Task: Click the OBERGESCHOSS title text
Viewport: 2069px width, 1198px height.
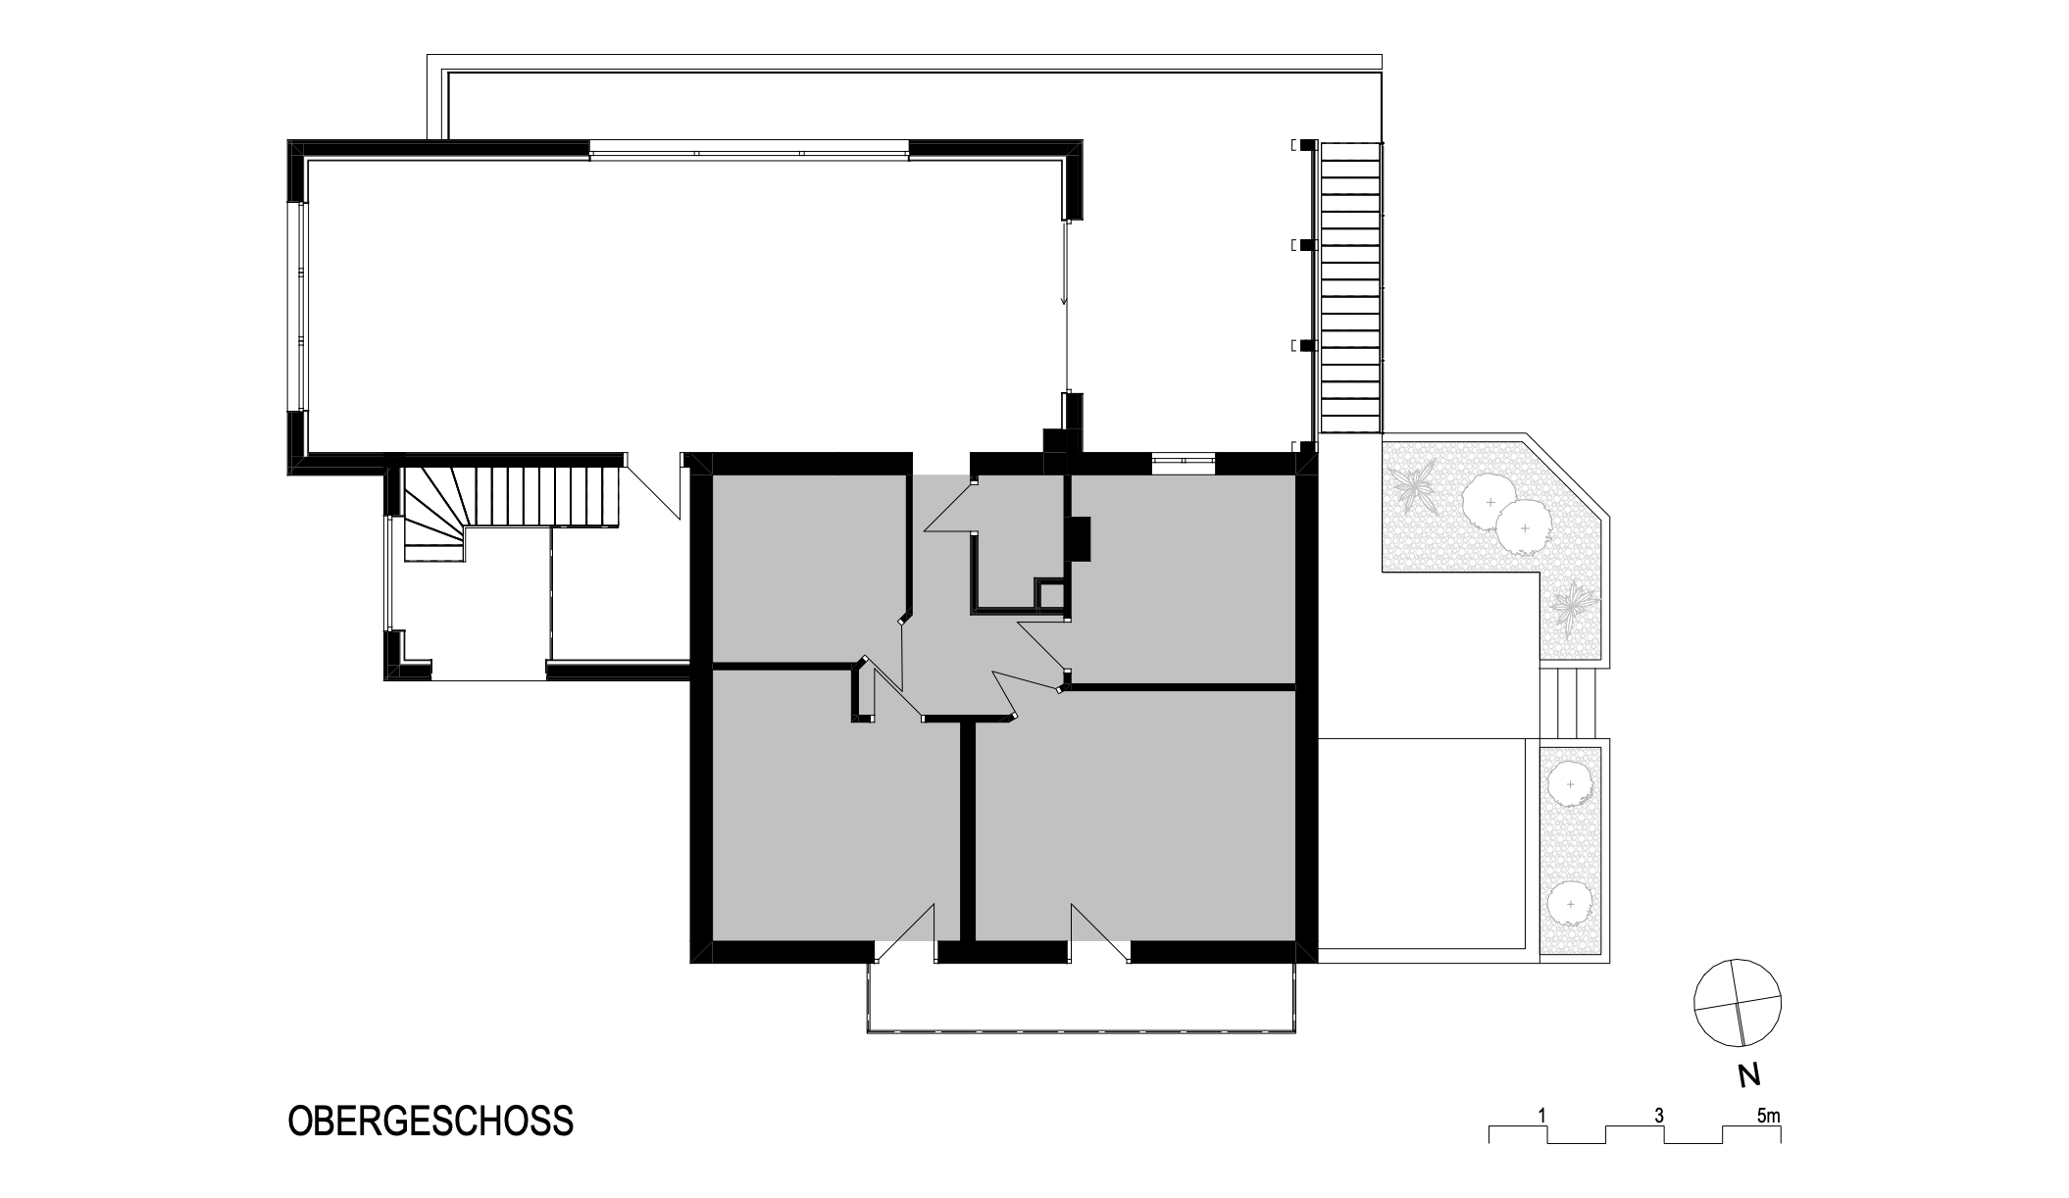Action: click(x=430, y=1121)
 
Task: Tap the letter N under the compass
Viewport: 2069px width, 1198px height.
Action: click(x=1747, y=1075)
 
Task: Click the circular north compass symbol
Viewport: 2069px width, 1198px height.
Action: click(x=1738, y=1003)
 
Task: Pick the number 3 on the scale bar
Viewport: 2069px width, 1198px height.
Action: click(x=1658, y=1116)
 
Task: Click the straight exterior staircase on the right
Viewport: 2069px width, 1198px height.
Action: click(x=1351, y=288)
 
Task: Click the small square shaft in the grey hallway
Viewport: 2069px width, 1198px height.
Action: click(x=1050, y=593)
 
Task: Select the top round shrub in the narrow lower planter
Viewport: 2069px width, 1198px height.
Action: click(x=1570, y=785)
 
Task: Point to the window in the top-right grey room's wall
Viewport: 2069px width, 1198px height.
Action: click(x=1184, y=458)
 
